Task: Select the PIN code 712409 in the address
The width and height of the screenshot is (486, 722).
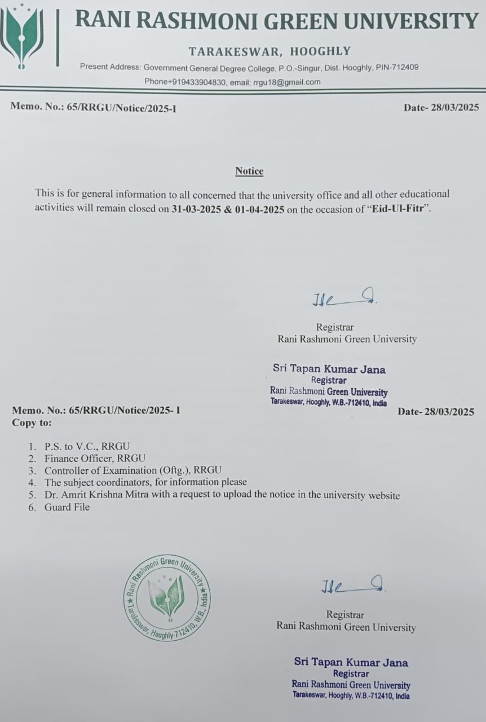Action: tap(405, 67)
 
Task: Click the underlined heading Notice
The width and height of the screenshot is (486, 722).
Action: tap(249, 171)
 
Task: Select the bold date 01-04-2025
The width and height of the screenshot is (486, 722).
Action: tap(260, 208)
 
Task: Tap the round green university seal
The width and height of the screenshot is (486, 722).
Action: tap(167, 597)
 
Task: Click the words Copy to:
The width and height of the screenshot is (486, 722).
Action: tap(32, 422)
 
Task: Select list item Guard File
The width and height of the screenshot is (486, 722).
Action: tap(67, 507)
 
